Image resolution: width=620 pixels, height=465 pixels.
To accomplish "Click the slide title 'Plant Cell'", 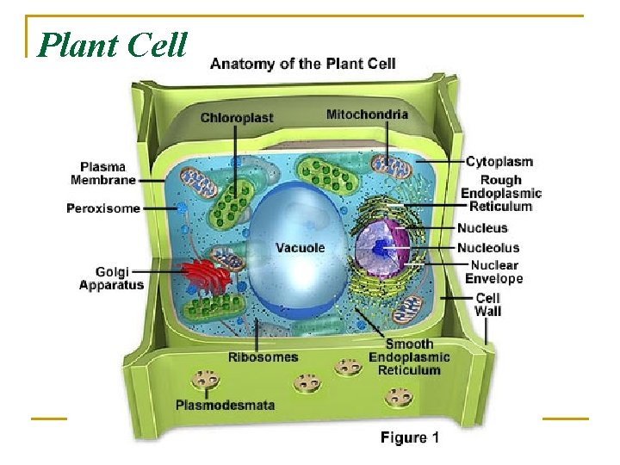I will pos(113,45).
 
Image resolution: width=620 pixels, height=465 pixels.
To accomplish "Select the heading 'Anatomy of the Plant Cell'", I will pos(303,64).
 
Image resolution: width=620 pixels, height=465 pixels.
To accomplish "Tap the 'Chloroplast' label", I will pos(237,118).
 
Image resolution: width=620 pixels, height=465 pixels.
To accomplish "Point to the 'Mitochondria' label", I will pos(367,115).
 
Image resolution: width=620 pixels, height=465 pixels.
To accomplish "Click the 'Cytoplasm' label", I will pos(499,161).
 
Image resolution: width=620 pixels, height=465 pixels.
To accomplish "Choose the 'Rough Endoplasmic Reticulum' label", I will pos(501,193).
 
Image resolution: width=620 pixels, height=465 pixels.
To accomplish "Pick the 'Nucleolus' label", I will pos(488,248).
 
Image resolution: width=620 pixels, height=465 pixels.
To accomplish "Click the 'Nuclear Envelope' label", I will pos(494,271).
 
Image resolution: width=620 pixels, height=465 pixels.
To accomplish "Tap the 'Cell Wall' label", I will pos(487,304).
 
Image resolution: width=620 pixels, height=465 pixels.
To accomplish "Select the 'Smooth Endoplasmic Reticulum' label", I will pos(409,356).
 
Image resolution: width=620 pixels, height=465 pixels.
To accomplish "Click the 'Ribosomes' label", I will pos(263,357).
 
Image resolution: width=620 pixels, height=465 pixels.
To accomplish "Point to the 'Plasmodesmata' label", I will pos(225,404).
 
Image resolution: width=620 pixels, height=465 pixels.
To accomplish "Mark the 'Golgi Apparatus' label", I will pos(112,277).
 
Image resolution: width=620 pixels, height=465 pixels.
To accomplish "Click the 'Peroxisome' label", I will pos(103,208).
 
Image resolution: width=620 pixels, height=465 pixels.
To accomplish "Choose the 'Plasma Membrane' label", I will pos(103,173).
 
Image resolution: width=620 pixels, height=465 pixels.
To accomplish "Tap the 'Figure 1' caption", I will pos(410,437).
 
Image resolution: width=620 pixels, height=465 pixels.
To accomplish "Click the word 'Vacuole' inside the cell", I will pos(300,248).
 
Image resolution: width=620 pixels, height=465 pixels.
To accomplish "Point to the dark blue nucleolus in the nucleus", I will pos(382,249).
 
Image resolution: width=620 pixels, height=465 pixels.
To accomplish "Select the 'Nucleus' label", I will pos(482,228).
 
